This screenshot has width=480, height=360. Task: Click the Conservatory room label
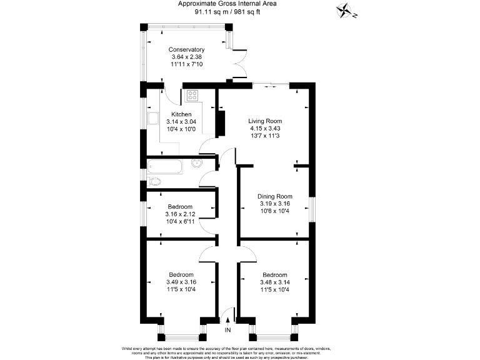[x=186, y=49]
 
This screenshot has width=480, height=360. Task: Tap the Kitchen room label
[x=181, y=114]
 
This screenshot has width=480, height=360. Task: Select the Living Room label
[x=265, y=121]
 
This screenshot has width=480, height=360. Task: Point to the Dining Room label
[x=275, y=196]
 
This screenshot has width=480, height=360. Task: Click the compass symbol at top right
[x=345, y=11]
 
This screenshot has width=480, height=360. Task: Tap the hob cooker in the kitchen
[x=192, y=96]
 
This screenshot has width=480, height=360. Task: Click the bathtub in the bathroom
[x=165, y=166]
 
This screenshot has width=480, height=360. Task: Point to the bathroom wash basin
[x=197, y=164]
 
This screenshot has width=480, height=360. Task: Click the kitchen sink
[x=153, y=119]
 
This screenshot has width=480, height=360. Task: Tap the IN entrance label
[x=228, y=329]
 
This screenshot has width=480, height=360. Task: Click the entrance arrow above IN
[x=227, y=320]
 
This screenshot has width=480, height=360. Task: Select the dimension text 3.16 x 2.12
[x=180, y=214]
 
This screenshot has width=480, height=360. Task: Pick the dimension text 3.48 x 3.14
[x=274, y=282]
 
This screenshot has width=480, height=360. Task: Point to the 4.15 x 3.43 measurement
[x=265, y=129]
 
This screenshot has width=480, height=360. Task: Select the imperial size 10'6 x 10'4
[x=275, y=211]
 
